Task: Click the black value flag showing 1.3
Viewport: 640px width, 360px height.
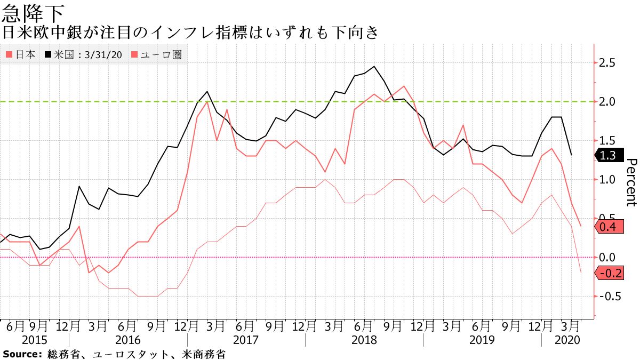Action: pyautogui.click(x=609, y=155)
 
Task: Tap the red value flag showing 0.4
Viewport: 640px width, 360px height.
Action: pyautogui.click(x=609, y=227)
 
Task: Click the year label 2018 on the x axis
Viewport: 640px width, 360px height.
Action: pyautogui.click(x=364, y=340)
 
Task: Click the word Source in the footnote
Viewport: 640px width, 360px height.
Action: pyautogui.click(x=21, y=354)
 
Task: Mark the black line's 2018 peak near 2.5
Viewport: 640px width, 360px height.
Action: pyautogui.click(x=373, y=67)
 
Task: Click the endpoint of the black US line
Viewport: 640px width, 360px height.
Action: pyautogui.click(x=571, y=155)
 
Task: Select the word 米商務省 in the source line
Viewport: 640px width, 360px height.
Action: pyautogui.click(x=203, y=354)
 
